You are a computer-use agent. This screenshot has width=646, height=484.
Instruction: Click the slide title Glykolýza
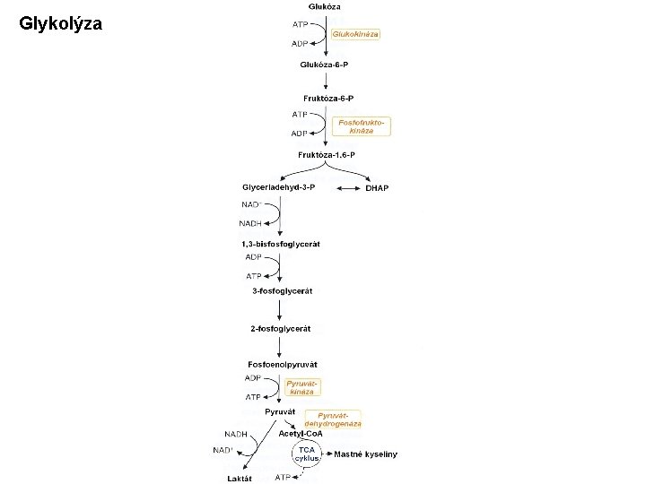coord(61,24)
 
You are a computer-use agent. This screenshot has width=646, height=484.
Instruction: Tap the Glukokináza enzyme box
coord(356,34)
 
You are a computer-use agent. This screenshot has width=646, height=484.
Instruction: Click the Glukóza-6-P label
coord(326,65)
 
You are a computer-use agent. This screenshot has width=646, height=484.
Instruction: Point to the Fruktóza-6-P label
coord(327,97)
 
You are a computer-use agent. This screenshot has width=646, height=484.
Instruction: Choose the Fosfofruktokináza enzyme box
coord(365,125)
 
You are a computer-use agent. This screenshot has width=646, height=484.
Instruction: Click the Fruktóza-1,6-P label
coord(327,155)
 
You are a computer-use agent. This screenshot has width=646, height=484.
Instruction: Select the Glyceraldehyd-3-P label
coord(279,187)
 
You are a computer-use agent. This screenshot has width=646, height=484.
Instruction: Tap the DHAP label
coord(377,188)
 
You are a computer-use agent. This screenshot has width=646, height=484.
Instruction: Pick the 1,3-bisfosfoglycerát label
coord(280,244)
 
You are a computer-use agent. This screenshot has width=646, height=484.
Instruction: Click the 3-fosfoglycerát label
coord(281,290)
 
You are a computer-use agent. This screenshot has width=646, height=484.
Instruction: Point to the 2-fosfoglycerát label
coord(281,329)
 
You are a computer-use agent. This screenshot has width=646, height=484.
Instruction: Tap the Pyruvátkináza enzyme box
coord(301,387)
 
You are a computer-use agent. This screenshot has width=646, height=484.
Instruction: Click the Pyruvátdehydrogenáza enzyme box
coord(333,419)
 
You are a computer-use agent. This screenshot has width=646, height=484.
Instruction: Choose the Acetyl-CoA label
coord(301,434)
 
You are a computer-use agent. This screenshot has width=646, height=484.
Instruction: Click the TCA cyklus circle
coord(307,453)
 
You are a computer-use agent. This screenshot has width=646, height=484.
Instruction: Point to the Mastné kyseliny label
coord(365,454)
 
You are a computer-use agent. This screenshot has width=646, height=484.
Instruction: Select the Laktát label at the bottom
coord(240,479)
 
